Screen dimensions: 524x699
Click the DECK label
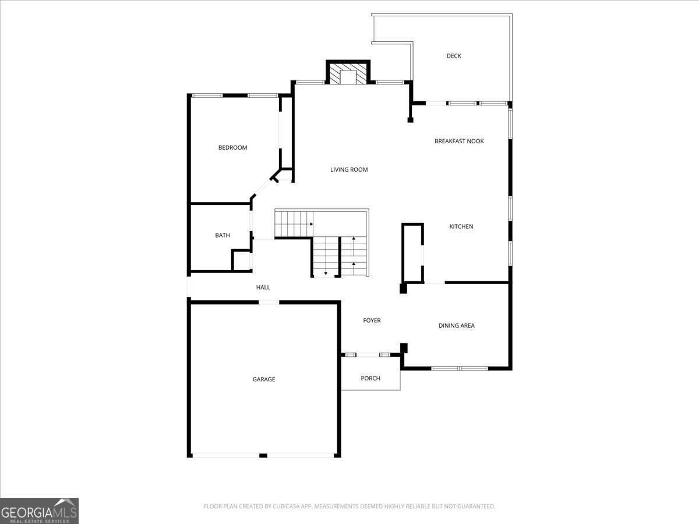coord(454,56)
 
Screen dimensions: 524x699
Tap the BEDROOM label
coord(232,148)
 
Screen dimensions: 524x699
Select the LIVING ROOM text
coord(349,170)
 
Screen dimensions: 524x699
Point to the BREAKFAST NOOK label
coord(459,141)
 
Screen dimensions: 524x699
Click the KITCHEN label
coord(461,226)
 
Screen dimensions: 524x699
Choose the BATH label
coord(223,235)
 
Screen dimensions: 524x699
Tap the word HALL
coord(263,288)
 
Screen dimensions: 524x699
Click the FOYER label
coord(372,320)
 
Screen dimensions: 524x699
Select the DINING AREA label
coord(456,325)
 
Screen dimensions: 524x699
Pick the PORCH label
coord(370,378)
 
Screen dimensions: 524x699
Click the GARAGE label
coord(263,380)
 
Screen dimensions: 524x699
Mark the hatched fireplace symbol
coord(348,74)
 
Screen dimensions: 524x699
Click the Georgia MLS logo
coord(39,511)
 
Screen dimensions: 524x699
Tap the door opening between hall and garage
coord(269,302)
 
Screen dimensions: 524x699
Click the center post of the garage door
coord(263,455)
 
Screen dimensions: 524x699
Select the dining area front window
coord(459,368)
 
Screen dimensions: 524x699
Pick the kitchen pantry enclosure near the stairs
coord(412,253)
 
